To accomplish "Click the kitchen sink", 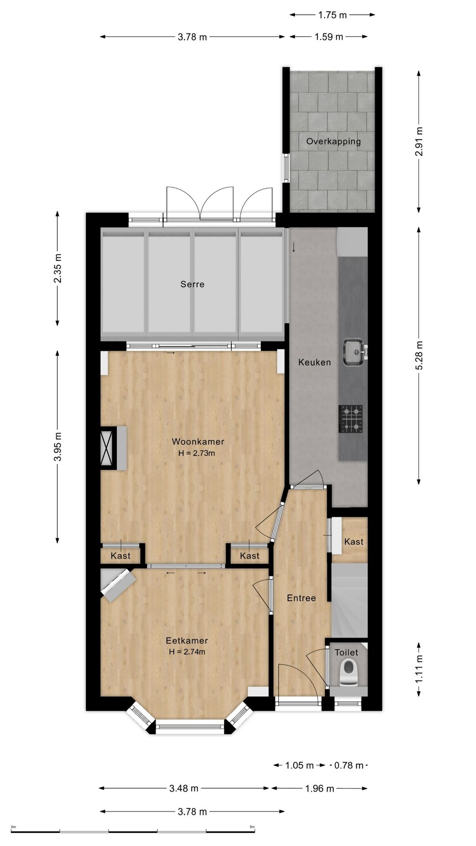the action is [x=354, y=352].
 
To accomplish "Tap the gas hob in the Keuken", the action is [x=351, y=419].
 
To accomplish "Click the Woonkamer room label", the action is [x=198, y=442].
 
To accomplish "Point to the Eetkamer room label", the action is [x=187, y=641].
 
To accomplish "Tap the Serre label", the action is [x=193, y=284].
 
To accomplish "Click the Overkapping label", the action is [x=334, y=141].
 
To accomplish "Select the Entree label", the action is [x=301, y=598].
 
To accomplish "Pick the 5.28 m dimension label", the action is [x=419, y=356].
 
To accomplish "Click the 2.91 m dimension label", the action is [x=419, y=142].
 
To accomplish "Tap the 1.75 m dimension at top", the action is [x=333, y=15].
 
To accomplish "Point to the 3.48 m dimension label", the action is [x=184, y=788].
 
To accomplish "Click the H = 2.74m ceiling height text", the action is [x=187, y=652].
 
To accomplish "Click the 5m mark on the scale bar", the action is [x=252, y=827].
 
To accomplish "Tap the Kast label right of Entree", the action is [x=354, y=542].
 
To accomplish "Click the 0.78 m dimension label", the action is [x=349, y=765].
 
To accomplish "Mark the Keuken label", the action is [x=315, y=362].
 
